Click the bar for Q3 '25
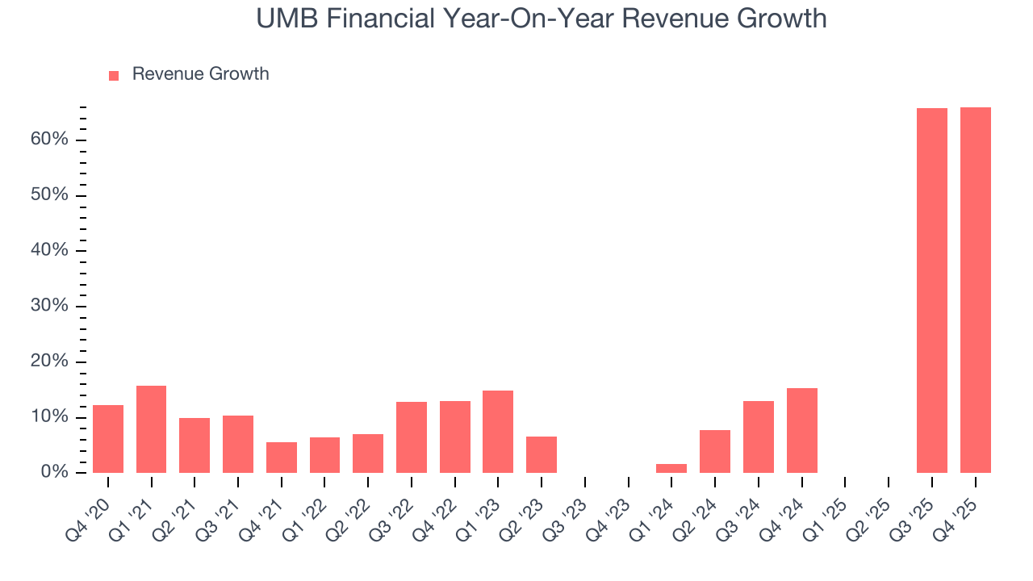coord(932,290)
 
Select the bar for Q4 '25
coord(975,290)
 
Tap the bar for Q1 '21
coord(151,429)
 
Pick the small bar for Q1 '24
coord(671,468)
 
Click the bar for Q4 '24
coord(801,430)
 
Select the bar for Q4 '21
coord(282,458)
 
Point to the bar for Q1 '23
coord(498,432)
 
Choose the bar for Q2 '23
coord(542,454)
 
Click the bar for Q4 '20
coord(108,439)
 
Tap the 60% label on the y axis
coord(49,140)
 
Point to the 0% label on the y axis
coord(54,472)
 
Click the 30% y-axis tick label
coord(49,306)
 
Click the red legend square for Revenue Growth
coord(114,75)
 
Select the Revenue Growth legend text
coord(200,74)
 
